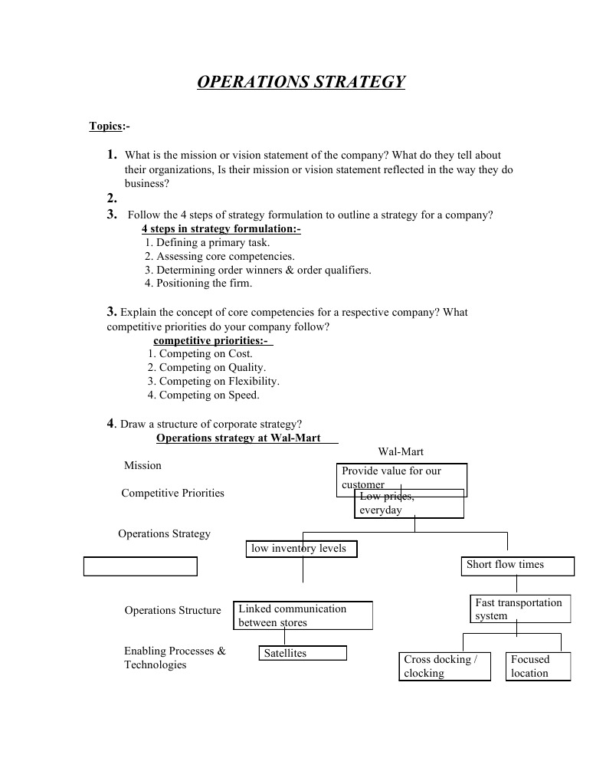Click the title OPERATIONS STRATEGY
click(x=301, y=82)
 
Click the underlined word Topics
click(x=106, y=126)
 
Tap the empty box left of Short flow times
click(x=140, y=566)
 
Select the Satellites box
click(x=303, y=653)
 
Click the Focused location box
click(x=539, y=666)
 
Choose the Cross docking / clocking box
click(x=446, y=666)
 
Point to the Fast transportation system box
click(x=520, y=609)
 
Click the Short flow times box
click(x=518, y=566)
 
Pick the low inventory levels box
click(x=302, y=549)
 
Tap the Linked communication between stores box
click(x=303, y=615)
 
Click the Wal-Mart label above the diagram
click(x=401, y=452)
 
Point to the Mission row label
click(x=143, y=465)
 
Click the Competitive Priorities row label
click(x=173, y=493)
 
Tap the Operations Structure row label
click(x=172, y=611)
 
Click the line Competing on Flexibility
click(x=214, y=381)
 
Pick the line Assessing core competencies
click(x=220, y=257)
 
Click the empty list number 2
click(x=112, y=198)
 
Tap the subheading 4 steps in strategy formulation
click(x=221, y=229)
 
